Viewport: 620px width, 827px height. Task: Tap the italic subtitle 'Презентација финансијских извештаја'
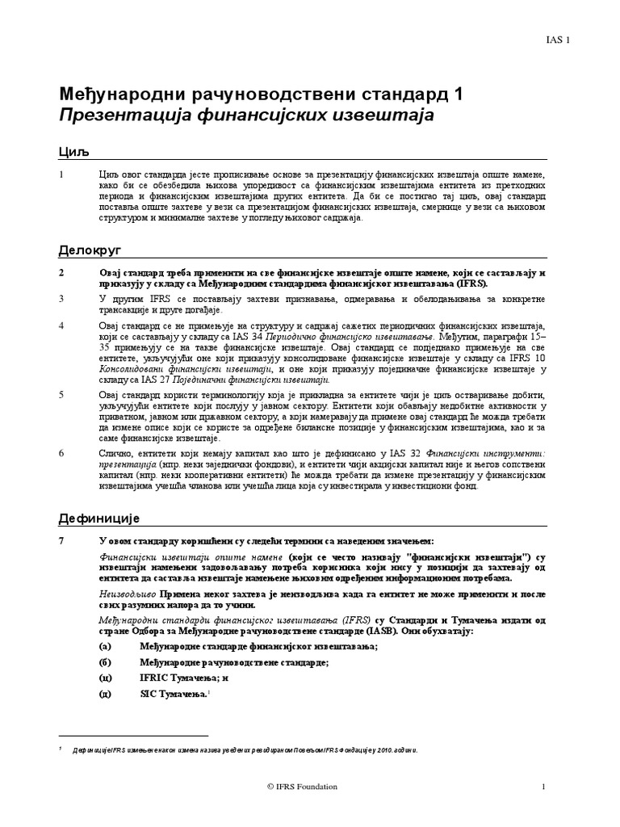[246, 115]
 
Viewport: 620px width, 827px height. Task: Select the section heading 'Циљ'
[73, 152]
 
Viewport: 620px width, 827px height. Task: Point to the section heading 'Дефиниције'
[99, 518]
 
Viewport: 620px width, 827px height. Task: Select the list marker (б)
[103, 662]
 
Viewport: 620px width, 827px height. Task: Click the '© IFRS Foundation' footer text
[302, 786]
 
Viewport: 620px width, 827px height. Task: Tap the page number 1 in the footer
[544, 786]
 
